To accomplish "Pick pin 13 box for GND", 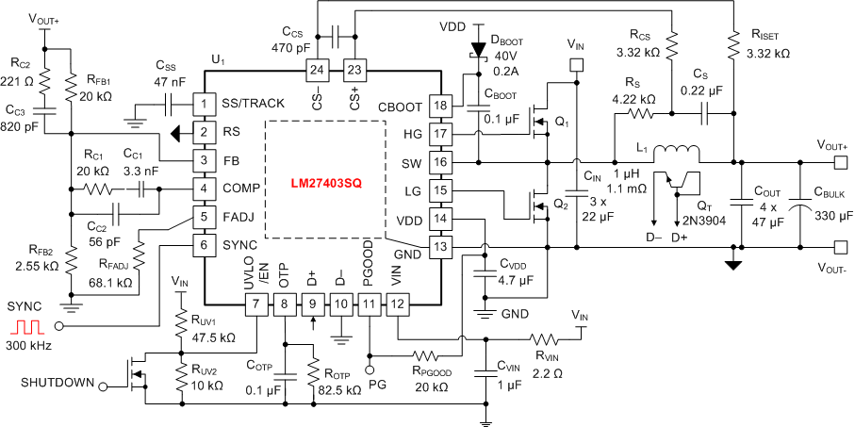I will (440, 247).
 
